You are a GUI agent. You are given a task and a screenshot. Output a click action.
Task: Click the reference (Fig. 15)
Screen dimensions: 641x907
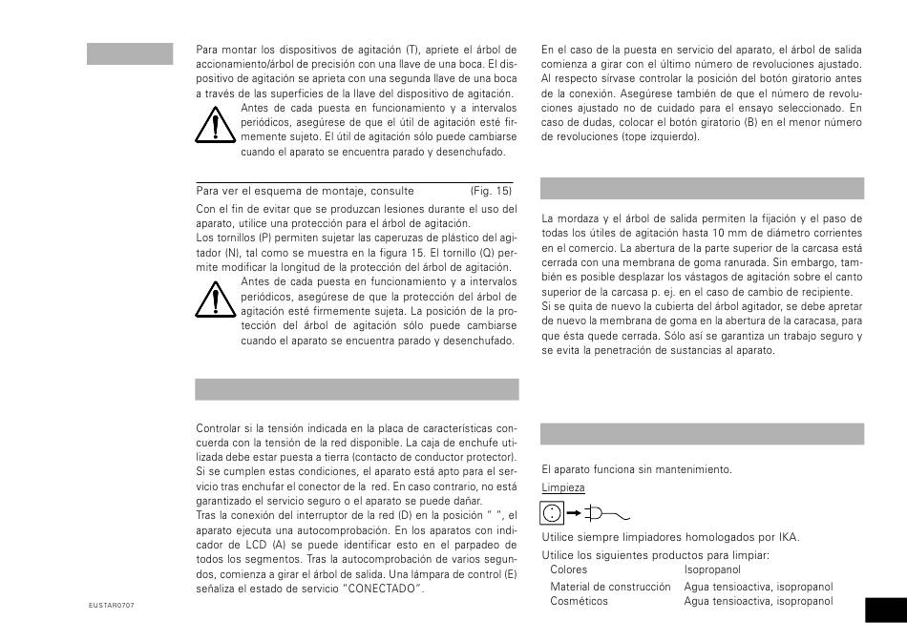(x=491, y=191)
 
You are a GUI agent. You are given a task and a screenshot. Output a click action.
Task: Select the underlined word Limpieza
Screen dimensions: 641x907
(x=562, y=486)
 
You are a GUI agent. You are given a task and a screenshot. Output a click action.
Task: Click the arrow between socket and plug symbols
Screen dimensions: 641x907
(x=574, y=512)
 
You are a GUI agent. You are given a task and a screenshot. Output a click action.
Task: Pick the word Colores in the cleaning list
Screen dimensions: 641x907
(x=569, y=569)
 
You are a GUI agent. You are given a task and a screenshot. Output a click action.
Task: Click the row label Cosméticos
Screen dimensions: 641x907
(x=579, y=601)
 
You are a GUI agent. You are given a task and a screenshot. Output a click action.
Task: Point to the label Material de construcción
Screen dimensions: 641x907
(x=611, y=586)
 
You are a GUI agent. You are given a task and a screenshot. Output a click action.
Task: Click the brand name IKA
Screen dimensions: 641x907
(x=787, y=537)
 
